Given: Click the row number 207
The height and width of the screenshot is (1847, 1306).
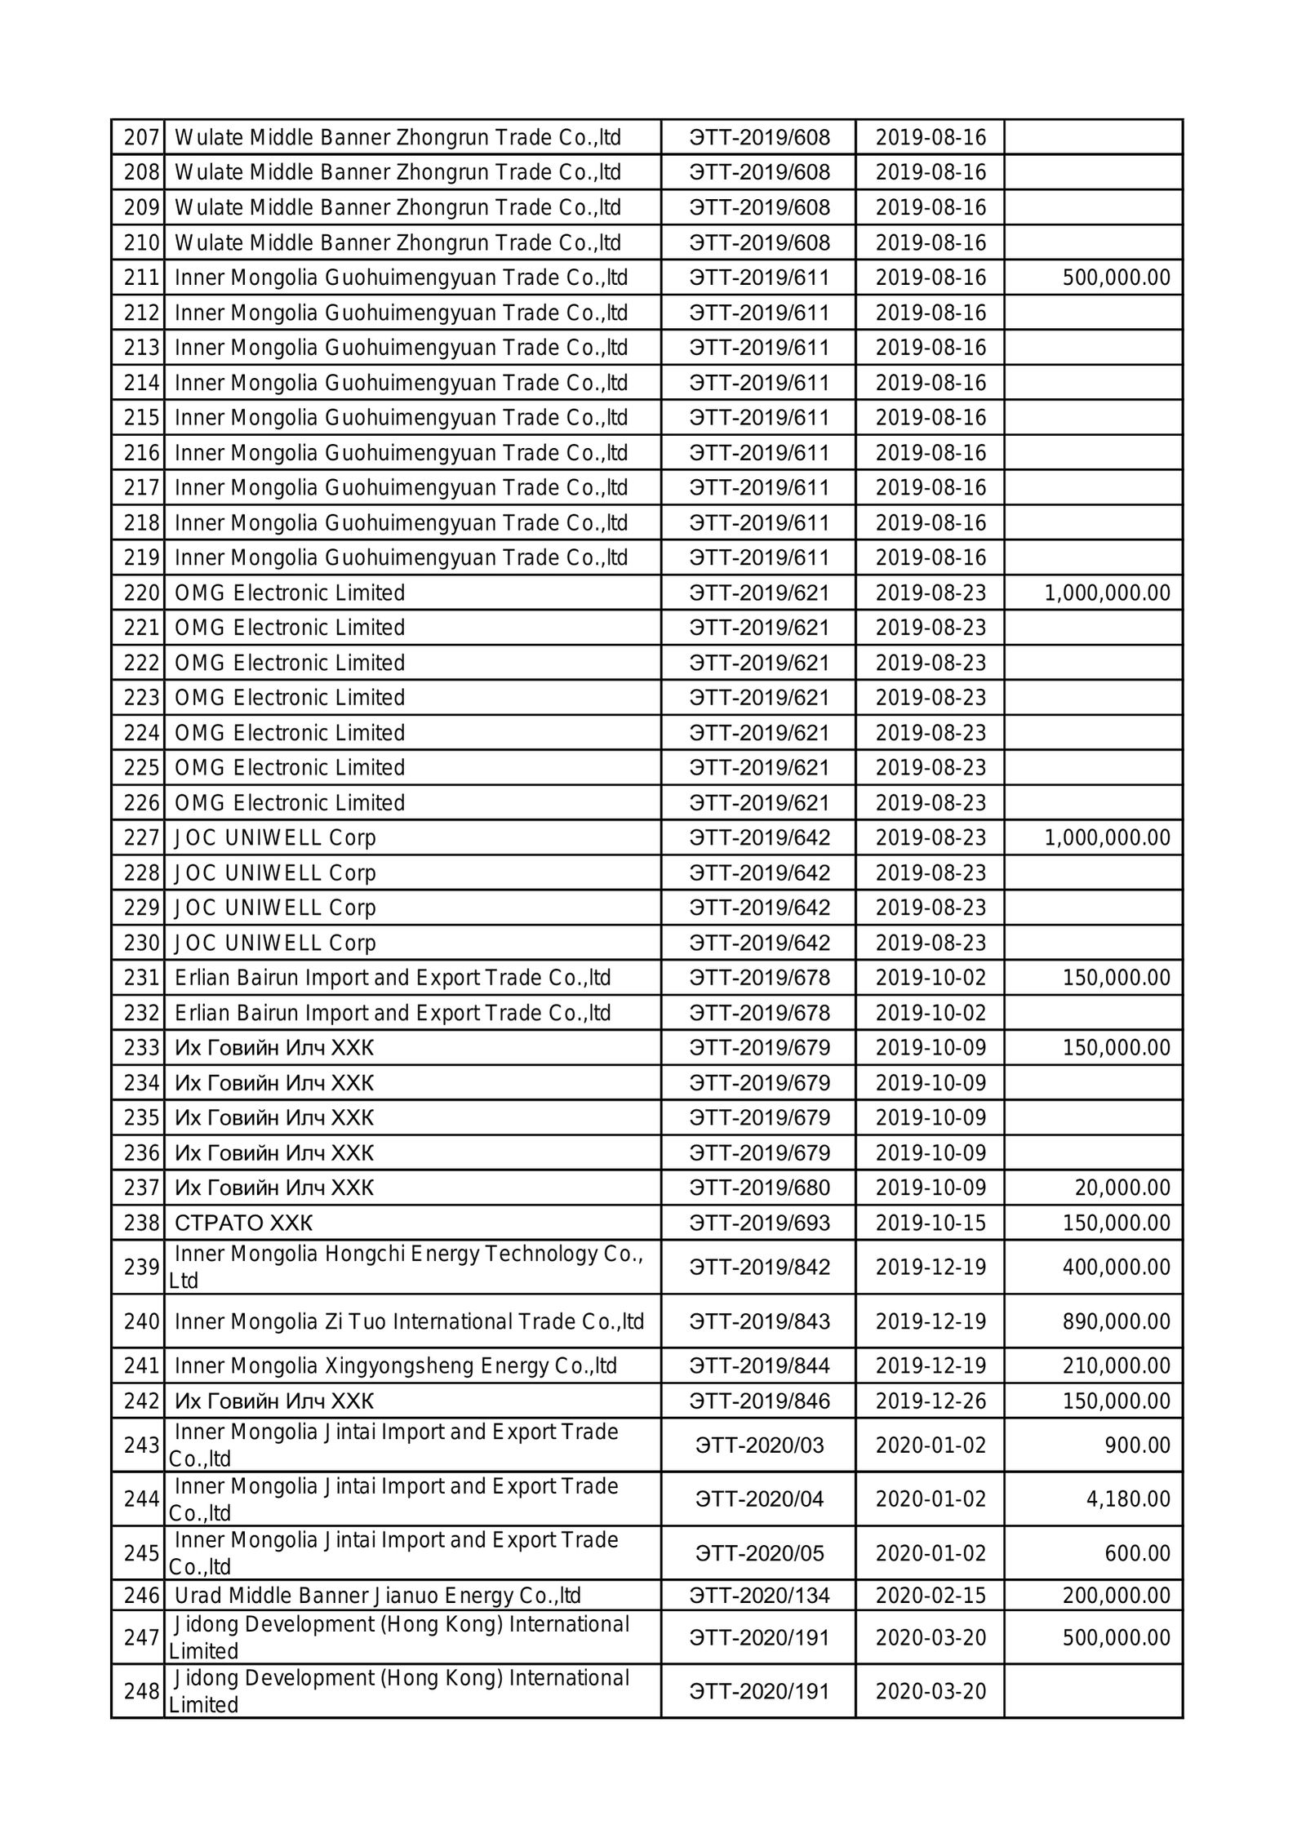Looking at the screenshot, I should coord(141,137).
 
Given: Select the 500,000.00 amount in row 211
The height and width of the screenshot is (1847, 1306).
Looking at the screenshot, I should coord(1116,277).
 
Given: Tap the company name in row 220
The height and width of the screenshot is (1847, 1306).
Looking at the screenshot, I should coord(290,593).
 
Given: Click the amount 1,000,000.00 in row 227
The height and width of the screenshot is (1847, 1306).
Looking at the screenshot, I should coord(1107,837).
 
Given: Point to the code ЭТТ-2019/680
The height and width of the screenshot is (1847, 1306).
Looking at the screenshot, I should coord(759,1188).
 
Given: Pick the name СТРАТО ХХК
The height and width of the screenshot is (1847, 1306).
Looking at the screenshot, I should coord(243,1223).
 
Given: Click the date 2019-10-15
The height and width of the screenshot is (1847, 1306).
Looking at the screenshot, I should coord(931,1223).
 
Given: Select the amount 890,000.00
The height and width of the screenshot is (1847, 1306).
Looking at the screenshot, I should coord(1116,1321).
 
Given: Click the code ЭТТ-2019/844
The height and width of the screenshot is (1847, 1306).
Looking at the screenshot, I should coord(759,1365).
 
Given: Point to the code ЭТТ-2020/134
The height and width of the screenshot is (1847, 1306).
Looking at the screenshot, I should coord(759,1595).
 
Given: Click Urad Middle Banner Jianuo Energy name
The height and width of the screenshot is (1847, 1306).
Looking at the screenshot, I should coord(378,1595).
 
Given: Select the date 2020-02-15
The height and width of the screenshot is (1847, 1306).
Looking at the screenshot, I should coord(931,1595).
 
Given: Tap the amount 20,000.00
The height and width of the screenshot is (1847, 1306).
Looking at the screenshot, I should coord(1122,1188).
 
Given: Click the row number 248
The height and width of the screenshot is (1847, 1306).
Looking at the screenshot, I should coord(141,1691).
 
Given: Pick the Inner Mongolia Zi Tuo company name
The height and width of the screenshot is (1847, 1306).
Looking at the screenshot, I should coord(410,1321).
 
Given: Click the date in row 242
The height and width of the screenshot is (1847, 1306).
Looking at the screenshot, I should coord(931,1401).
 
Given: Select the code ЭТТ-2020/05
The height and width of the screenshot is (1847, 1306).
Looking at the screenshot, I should coord(759,1552).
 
